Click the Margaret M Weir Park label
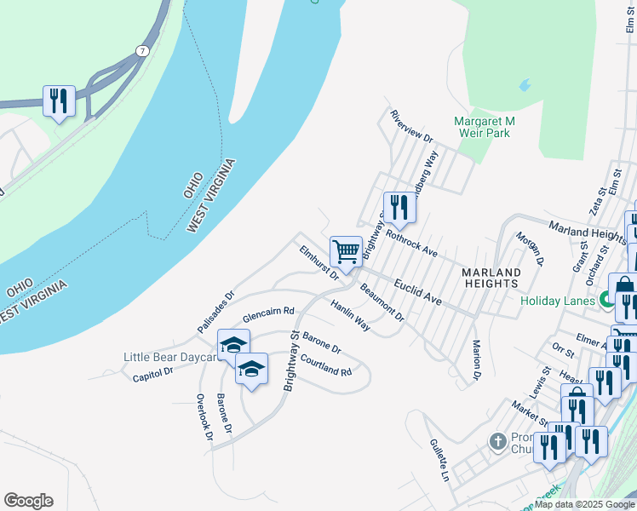coord(484,127)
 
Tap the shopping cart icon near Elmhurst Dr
coord(346,251)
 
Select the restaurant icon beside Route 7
coord(59,101)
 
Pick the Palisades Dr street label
coord(215,313)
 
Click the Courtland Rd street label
coord(326,367)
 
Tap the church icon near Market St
coord(498,442)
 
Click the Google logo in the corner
coord(28,501)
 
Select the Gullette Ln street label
coord(439,460)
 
